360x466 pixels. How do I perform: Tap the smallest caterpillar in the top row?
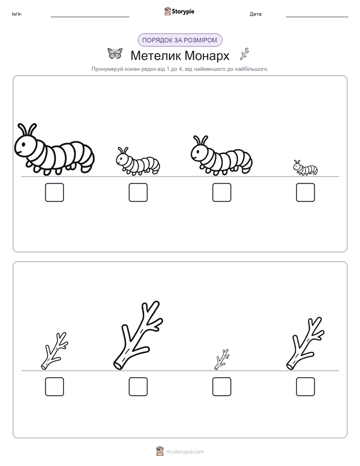point(306,168)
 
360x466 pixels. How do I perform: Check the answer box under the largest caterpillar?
point(54,192)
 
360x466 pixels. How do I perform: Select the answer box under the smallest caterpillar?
point(306,192)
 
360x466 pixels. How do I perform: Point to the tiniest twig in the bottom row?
point(221,360)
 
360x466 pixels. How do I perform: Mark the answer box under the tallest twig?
point(138,387)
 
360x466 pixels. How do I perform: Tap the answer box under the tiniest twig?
point(222,387)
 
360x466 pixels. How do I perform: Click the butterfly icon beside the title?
point(115,53)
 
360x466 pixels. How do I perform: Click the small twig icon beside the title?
point(245,54)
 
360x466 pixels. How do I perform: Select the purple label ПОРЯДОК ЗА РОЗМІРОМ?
point(179,40)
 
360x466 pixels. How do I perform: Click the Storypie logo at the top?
point(179,11)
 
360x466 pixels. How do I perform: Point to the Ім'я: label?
point(17,14)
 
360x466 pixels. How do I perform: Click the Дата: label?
point(256,14)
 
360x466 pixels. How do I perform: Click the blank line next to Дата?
point(317,17)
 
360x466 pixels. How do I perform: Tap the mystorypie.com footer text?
point(185,452)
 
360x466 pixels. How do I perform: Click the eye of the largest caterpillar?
point(23,145)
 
